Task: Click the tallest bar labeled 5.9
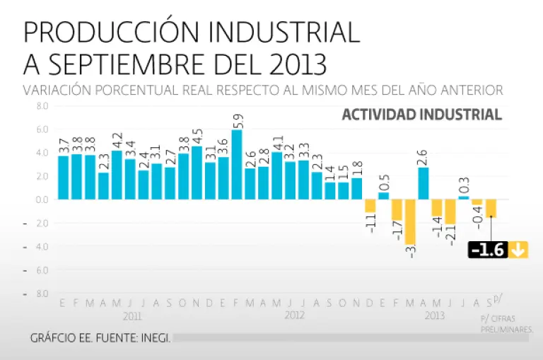click(237, 164)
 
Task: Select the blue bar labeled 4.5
click(197, 173)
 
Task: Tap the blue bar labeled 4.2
click(117, 175)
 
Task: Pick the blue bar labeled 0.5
click(383, 195)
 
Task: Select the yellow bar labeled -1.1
click(370, 206)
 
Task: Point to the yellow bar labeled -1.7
click(397, 209)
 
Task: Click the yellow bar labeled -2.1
click(450, 211)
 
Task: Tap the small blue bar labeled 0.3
click(464, 197)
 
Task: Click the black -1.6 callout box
click(488, 250)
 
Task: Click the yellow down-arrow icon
click(519, 250)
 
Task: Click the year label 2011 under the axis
click(132, 316)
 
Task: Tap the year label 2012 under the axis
click(294, 316)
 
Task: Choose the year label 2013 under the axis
click(435, 316)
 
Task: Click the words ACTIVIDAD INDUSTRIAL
click(422, 115)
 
